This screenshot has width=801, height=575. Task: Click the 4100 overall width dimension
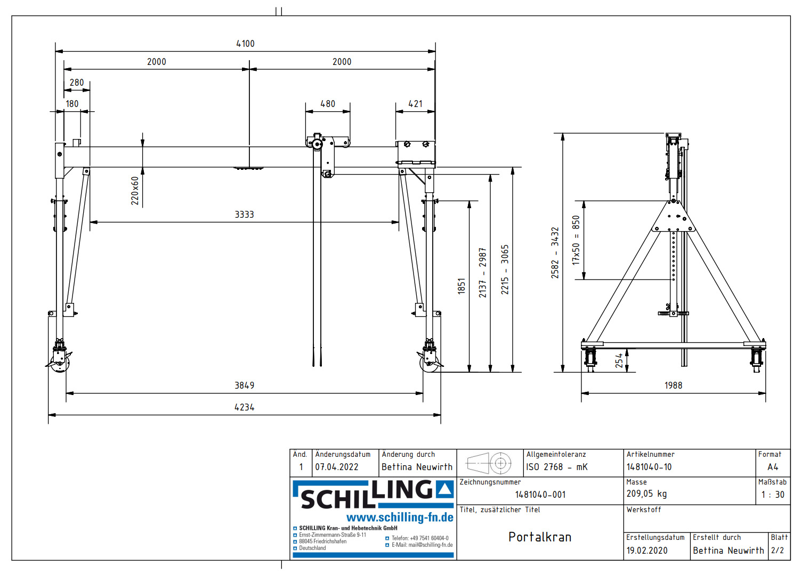245,44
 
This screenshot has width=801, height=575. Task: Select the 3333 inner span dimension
244,215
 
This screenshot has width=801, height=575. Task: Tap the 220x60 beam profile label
135,191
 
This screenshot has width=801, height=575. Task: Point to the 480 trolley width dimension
328,104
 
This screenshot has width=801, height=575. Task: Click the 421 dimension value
415,104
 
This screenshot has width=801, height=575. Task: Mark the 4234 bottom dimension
244,407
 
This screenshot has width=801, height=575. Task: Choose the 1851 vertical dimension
462,286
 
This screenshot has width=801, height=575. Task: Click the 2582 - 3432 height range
555,253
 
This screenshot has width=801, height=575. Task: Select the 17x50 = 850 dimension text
576,240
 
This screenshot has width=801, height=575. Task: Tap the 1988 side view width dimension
673,385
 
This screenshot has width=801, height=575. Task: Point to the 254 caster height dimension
619,360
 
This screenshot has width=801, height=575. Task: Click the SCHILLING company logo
373,494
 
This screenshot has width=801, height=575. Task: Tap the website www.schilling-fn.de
400,517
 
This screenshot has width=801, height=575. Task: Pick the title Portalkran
539,537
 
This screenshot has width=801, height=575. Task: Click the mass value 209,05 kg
646,494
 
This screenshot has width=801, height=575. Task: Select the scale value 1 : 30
772,495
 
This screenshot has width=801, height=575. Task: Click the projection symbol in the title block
489,463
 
